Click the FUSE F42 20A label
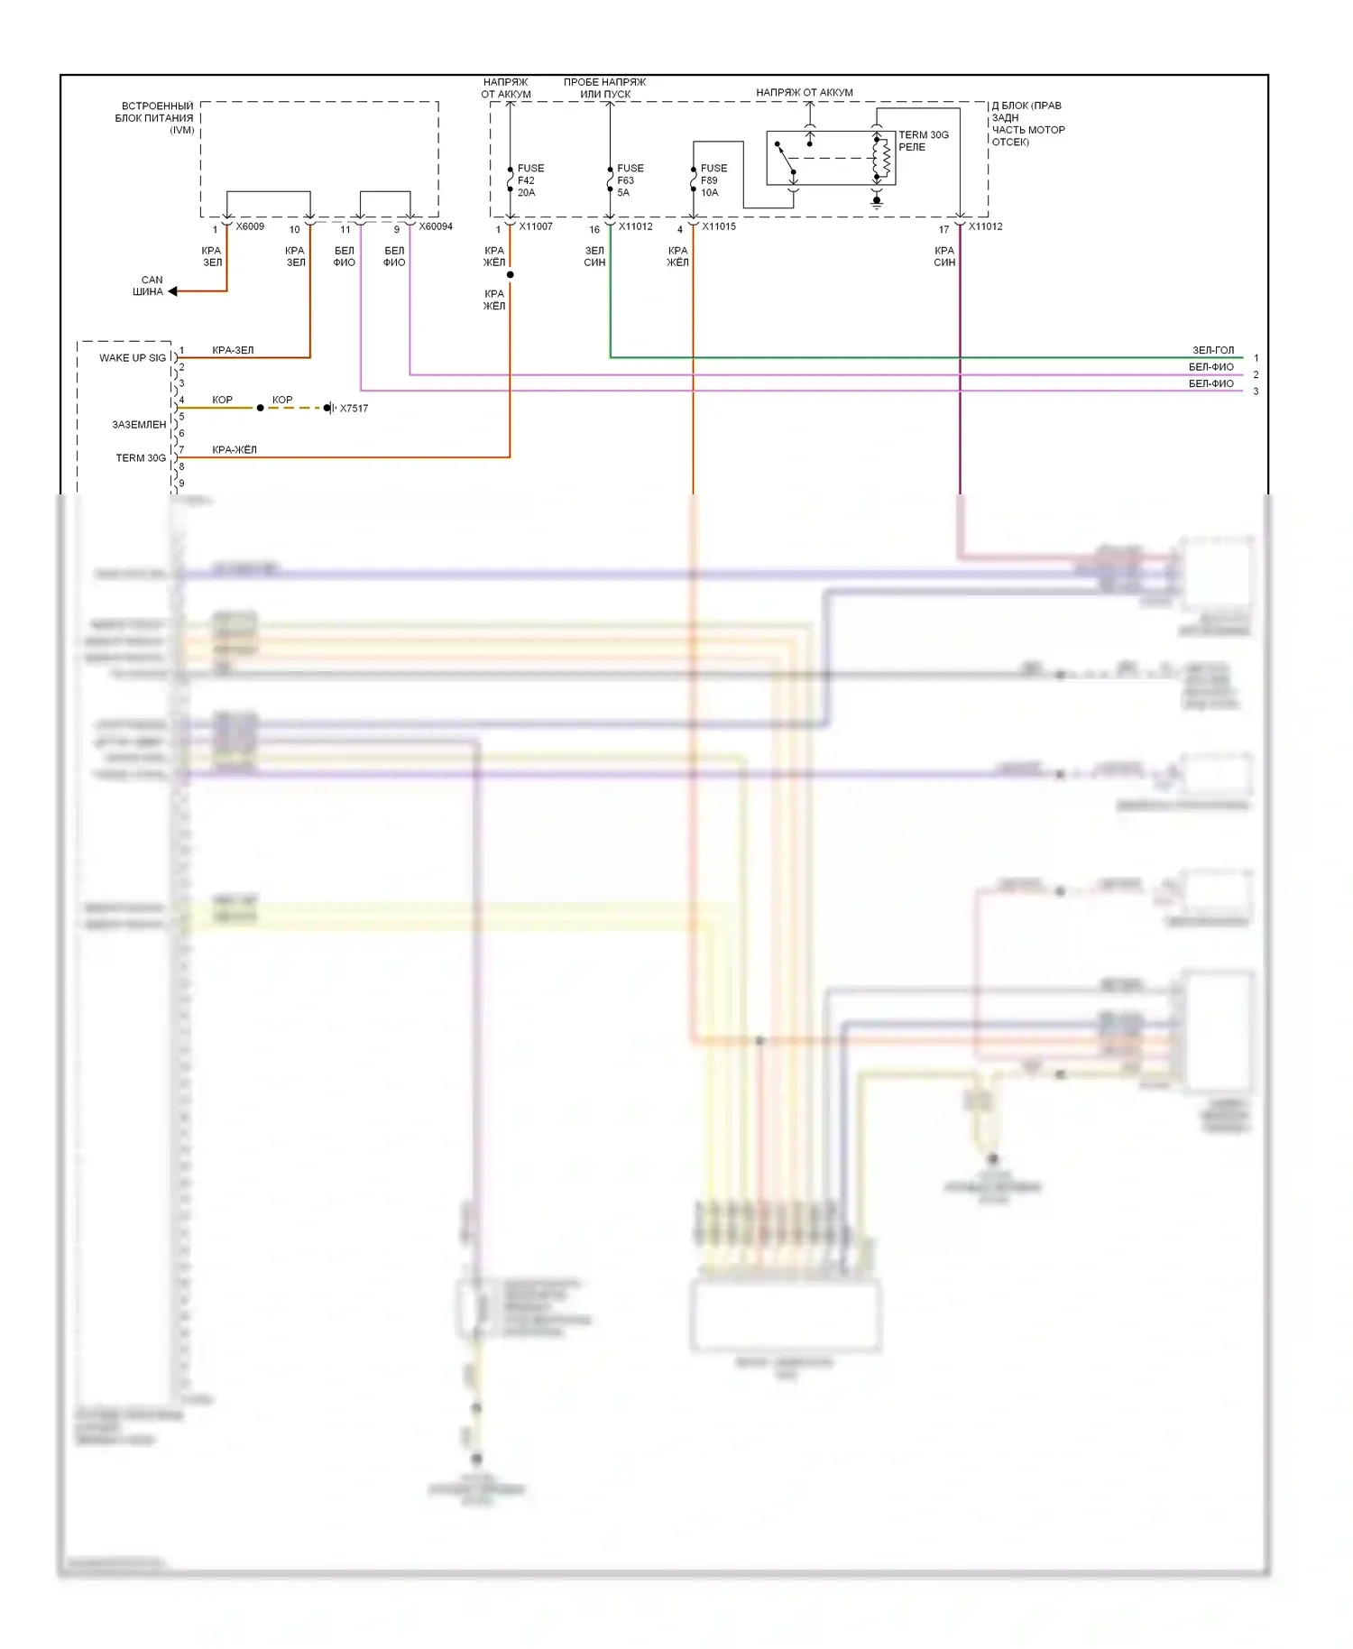(x=530, y=180)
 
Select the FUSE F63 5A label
(x=630, y=180)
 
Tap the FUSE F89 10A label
(x=713, y=180)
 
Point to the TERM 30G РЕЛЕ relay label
(x=923, y=141)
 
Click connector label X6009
(x=250, y=226)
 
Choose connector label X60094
(x=436, y=226)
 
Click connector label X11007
(x=536, y=226)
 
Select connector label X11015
(x=719, y=226)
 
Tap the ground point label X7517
(x=354, y=409)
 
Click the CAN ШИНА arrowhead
(x=172, y=291)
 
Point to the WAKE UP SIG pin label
(x=133, y=358)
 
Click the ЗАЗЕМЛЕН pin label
(x=139, y=425)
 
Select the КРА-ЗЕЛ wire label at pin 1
(x=233, y=350)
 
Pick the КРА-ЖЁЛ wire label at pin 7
(x=235, y=449)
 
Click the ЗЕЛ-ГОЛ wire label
(x=1213, y=350)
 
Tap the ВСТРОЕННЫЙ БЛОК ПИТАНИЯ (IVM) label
(x=154, y=118)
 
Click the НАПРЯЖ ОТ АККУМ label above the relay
(x=804, y=92)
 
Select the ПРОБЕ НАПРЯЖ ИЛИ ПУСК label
(x=604, y=88)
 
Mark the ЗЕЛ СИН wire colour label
(x=594, y=256)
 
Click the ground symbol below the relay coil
(x=876, y=203)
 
